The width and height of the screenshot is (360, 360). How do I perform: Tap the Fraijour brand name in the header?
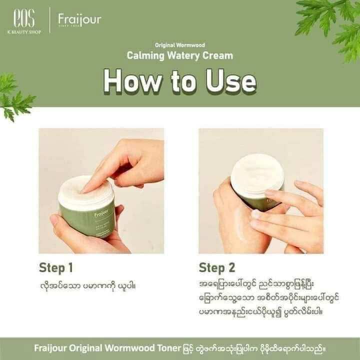click(79, 20)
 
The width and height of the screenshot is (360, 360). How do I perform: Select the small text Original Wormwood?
click(179, 45)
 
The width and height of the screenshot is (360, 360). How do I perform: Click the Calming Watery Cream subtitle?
click(179, 55)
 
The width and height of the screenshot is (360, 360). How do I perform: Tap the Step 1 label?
click(56, 268)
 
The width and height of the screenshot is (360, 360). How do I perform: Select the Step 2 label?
click(217, 268)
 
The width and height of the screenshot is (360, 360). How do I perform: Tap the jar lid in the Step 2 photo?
click(257, 172)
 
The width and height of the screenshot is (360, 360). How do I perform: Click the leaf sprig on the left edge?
click(15, 95)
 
